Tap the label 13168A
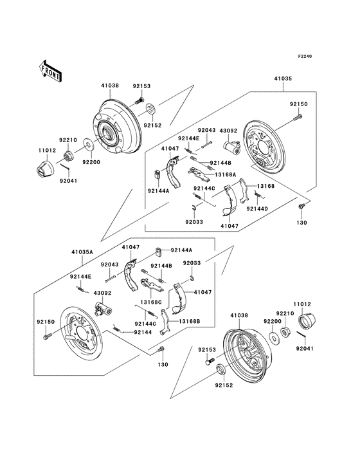pyautogui.click(x=225, y=174)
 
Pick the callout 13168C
pyautogui.click(x=150, y=302)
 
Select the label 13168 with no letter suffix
pyautogui.click(x=265, y=186)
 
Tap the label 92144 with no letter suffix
pyautogui.click(x=143, y=332)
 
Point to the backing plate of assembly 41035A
pyautogui.click(x=80, y=335)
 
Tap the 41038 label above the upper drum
pyautogui.click(x=110, y=85)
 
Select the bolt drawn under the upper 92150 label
pyautogui.click(x=300, y=117)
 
